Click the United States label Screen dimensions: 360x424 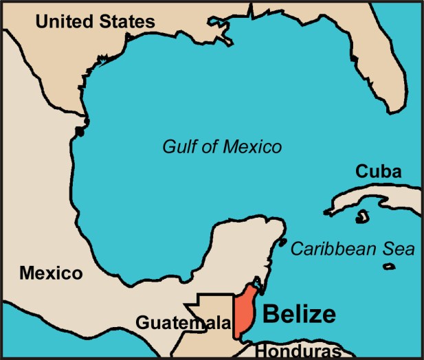pos(95,21)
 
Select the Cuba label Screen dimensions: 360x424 pos(379,171)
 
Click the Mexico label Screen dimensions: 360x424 pos(51,273)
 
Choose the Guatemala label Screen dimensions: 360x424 pos(181,322)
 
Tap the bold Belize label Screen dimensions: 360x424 pos(300,315)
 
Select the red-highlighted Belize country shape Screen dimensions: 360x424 pos(244,313)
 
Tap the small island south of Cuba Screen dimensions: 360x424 pos(359,218)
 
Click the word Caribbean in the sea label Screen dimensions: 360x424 pos(335,249)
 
